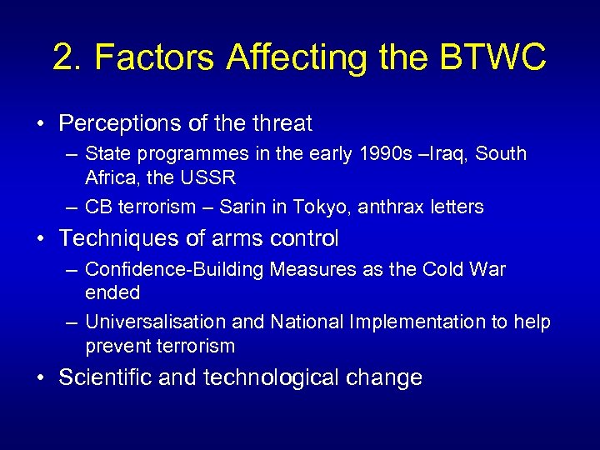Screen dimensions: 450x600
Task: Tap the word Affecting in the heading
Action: pyautogui.click(x=281, y=57)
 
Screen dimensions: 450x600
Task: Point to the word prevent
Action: pyautogui.click(x=117, y=346)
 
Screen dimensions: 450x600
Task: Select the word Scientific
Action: pyautogui.click(x=105, y=377)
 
